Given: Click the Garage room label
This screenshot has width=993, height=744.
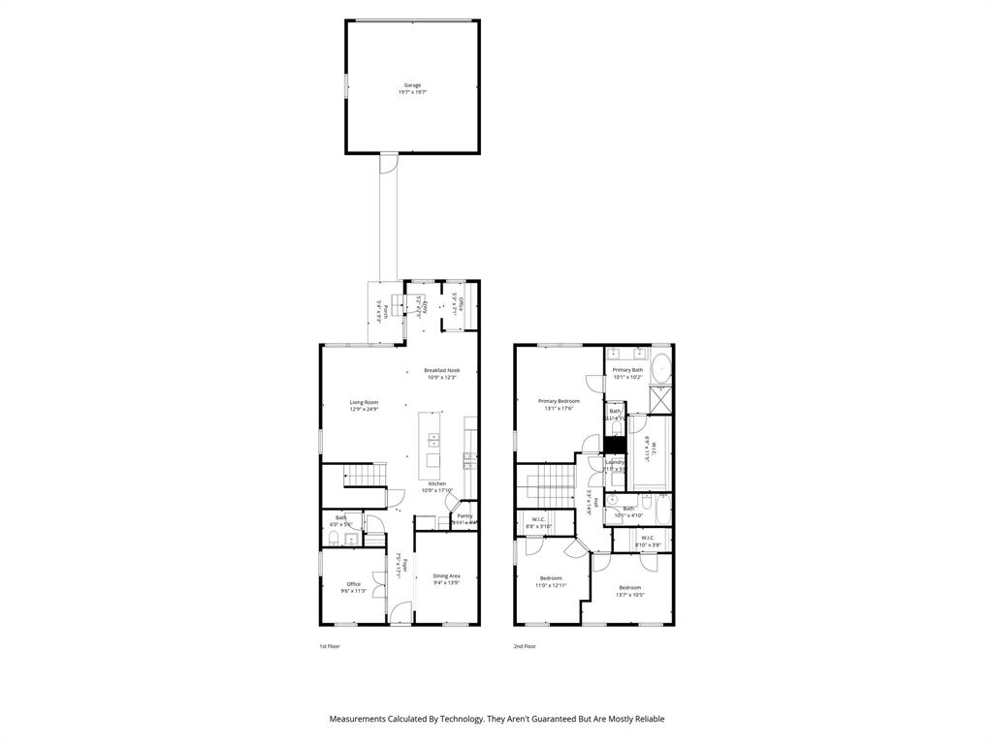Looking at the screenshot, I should pyautogui.click(x=412, y=85).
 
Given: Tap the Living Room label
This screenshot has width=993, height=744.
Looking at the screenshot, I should pyautogui.click(x=364, y=402).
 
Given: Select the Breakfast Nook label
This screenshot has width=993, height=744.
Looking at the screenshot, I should pyautogui.click(x=441, y=370).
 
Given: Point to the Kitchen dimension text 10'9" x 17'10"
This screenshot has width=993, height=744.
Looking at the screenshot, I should pyautogui.click(x=438, y=490).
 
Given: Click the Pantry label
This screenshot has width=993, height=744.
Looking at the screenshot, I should pyautogui.click(x=464, y=516).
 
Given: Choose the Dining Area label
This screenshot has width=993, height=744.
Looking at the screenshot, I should pyautogui.click(x=446, y=575).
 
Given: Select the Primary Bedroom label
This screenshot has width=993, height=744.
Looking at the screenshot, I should pyautogui.click(x=559, y=401).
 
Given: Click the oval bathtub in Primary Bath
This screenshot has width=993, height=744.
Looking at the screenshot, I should pyautogui.click(x=658, y=369).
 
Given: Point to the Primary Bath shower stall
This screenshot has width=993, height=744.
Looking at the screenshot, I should pyautogui.click(x=661, y=398).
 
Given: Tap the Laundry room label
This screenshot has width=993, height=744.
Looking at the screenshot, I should pyautogui.click(x=615, y=462).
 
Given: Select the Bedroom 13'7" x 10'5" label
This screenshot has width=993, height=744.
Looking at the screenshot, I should pyautogui.click(x=630, y=587).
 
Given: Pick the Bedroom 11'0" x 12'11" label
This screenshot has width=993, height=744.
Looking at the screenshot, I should pyautogui.click(x=551, y=578).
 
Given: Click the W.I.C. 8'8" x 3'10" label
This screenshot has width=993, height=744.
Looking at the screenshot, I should pyautogui.click(x=537, y=523).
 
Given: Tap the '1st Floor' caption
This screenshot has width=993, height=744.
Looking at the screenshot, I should pyautogui.click(x=330, y=646).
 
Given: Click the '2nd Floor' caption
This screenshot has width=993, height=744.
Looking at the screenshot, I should pyautogui.click(x=525, y=646).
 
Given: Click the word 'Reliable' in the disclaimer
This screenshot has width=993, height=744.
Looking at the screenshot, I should pyautogui.click(x=645, y=719).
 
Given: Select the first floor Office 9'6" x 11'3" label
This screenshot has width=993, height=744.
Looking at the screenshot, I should pyautogui.click(x=354, y=584).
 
